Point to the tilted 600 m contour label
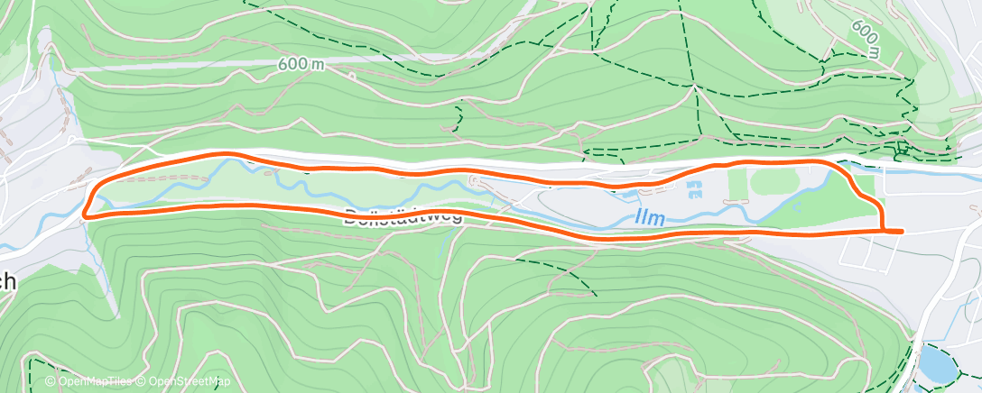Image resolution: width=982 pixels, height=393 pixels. point(864,39)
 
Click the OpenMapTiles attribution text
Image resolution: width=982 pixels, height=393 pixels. point(88,382)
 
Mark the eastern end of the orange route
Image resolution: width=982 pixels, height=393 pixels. point(900,232)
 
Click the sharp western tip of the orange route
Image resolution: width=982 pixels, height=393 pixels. point(85,215)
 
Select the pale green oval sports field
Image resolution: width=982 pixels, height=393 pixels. point(781,182)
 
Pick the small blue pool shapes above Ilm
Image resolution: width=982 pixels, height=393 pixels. point(693,189)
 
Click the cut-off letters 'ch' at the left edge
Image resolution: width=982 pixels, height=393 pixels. point(7,281)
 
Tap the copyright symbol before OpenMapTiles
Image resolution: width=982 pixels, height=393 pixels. point(51,382)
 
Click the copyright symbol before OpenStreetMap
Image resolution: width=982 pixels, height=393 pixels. point(141,382)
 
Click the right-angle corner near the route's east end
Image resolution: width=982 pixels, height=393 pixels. point(881,231)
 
